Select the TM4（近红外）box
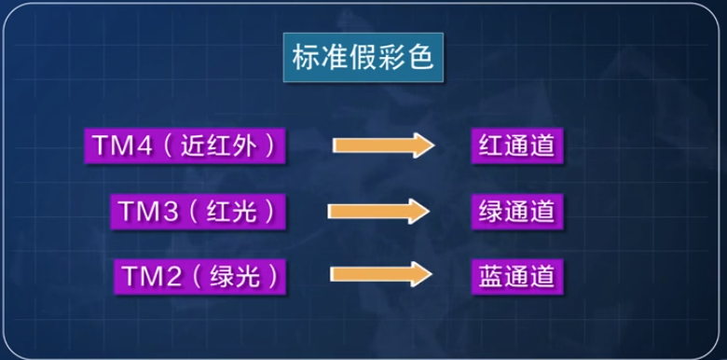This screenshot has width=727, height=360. click(x=185, y=146)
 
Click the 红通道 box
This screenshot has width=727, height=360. click(x=515, y=146)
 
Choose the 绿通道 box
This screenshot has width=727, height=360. click(x=515, y=211)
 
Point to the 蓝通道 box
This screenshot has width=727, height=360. click(x=515, y=276)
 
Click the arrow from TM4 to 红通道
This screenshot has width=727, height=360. click(x=383, y=145)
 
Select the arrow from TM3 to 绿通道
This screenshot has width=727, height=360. click(x=377, y=211)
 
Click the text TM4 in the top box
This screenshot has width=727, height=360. click(x=115, y=146)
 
